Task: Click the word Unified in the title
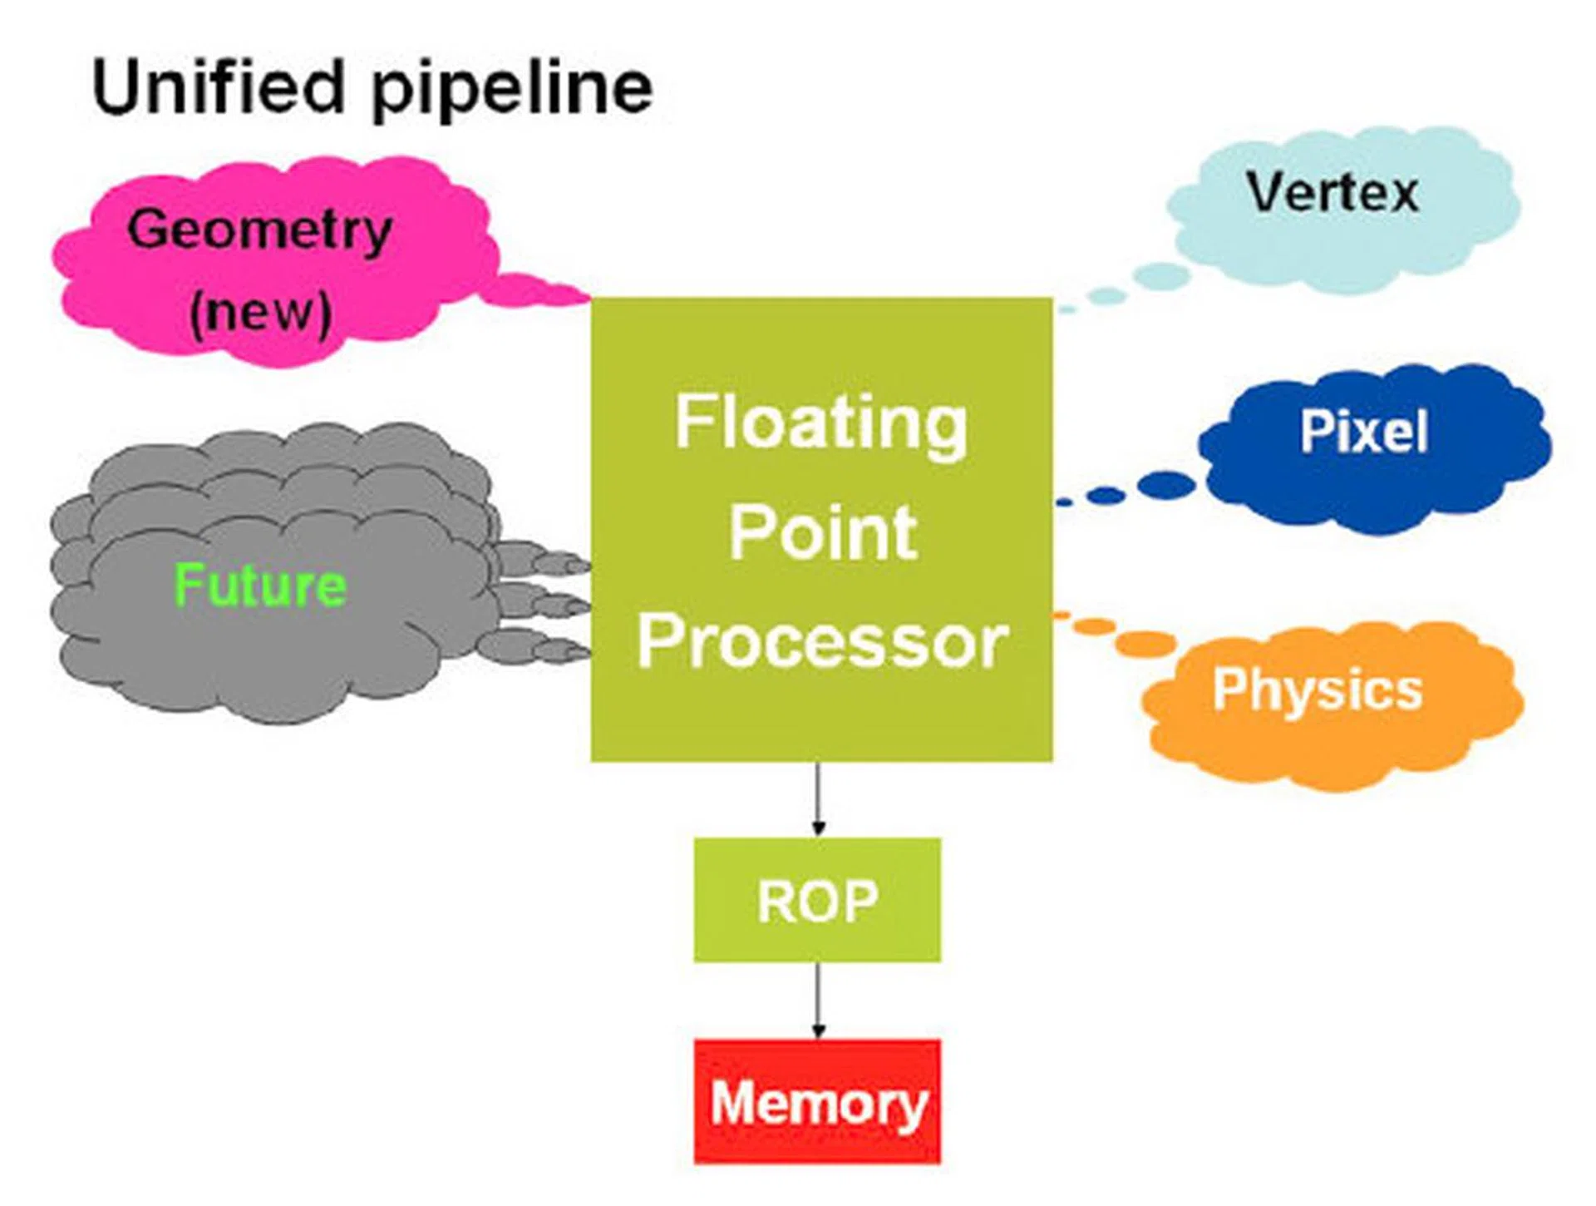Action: pyautogui.click(x=218, y=86)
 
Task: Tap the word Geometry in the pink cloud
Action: pyautogui.click(x=259, y=230)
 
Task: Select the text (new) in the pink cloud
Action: pyautogui.click(x=260, y=312)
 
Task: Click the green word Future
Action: pyautogui.click(x=260, y=585)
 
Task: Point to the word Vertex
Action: pyautogui.click(x=1332, y=193)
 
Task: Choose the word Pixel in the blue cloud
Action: pyautogui.click(x=1364, y=431)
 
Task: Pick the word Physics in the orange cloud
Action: pyautogui.click(x=1318, y=690)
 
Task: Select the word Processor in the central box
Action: pyautogui.click(x=822, y=642)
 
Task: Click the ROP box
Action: pyautogui.click(x=818, y=900)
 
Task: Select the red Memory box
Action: pyautogui.click(x=818, y=1101)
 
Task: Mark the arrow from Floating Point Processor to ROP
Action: pyautogui.click(x=819, y=798)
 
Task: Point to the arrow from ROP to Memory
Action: pyautogui.click(x=819, y=1001)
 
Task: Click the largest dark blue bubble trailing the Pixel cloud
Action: pyautogui.click(x=1165, y=485)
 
